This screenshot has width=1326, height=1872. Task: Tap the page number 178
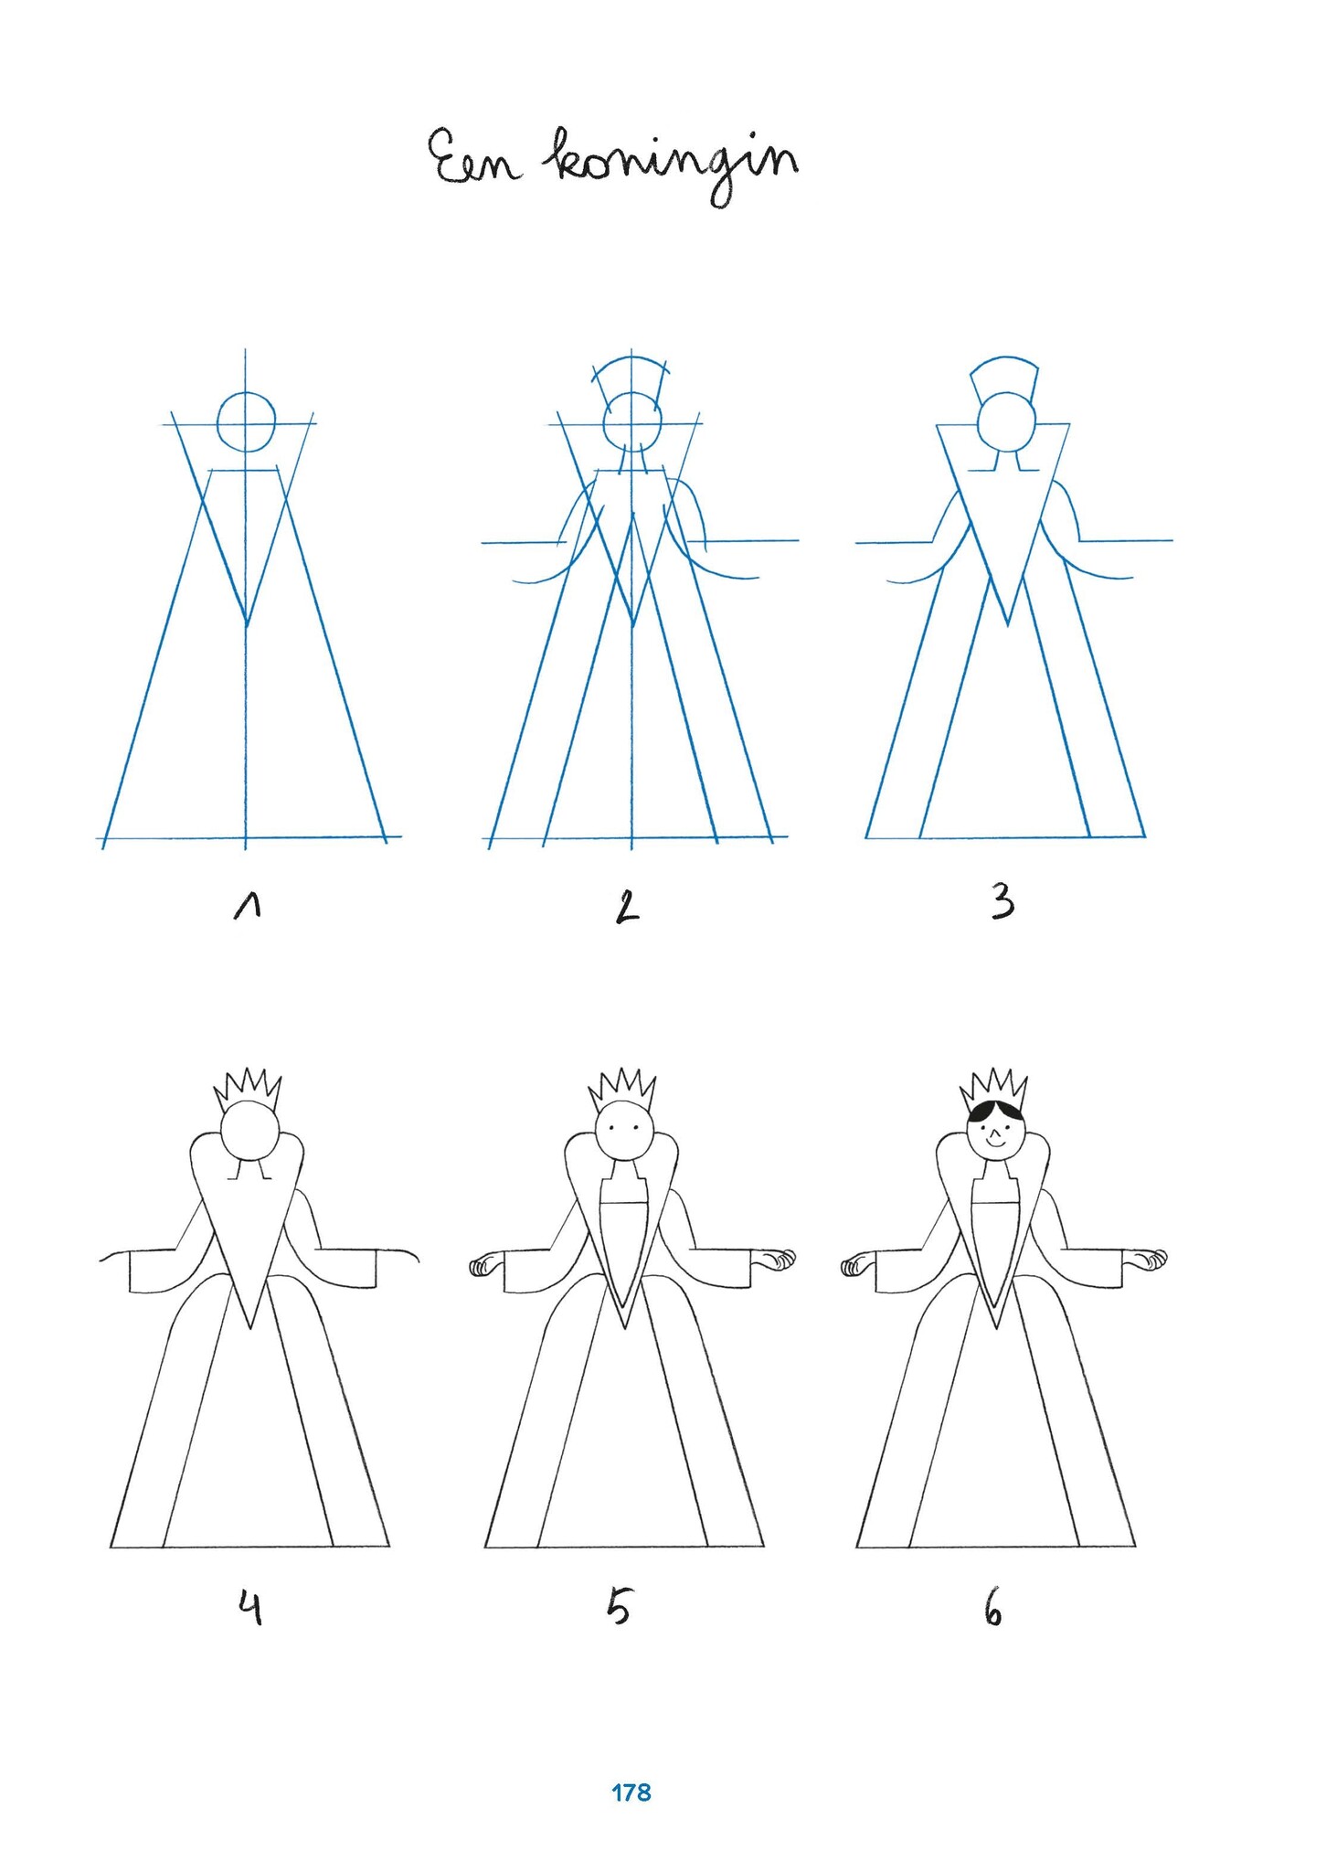[631, 1792]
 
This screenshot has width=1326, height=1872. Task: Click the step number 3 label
[1002, 903]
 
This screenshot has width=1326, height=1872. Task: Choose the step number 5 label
[619, 1607]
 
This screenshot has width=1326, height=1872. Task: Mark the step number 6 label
[993, 1609]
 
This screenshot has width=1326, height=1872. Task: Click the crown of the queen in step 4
[247, 1088]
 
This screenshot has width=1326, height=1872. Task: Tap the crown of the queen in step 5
[622, 1088]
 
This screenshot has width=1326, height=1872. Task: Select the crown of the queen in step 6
[993, 1088]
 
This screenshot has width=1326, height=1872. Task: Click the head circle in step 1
[247, 422]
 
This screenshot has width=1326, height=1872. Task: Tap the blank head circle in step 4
[248, 1130]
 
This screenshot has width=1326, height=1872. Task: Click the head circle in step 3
[1006, 422]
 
